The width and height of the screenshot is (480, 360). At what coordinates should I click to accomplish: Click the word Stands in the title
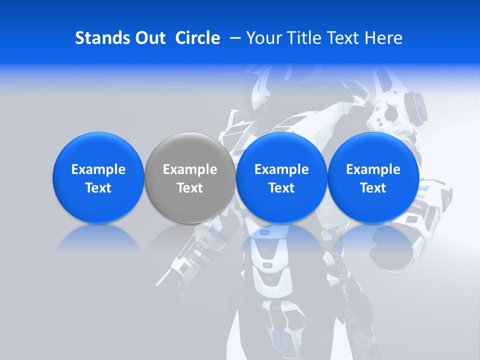[x=98, y=38]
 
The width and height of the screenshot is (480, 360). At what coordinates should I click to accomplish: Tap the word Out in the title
[x=149, y=38]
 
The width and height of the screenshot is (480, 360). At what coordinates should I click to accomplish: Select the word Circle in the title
[x=197, y=38]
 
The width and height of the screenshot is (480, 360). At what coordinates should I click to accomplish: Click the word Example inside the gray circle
[x=190, y=169]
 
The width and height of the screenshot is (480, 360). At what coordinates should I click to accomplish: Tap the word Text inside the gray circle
[x=190, y=188]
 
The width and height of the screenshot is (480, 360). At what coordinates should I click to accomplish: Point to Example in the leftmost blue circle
[x=98, y=169]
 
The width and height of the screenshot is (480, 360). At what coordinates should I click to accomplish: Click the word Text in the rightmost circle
[x=373, y=188]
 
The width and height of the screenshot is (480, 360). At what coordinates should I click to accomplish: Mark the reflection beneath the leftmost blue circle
[x=98, y=238]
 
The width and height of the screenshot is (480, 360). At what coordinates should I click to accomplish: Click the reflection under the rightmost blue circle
[x=373, y=238]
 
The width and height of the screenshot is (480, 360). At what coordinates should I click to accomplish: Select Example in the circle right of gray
[x=281, y=169]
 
